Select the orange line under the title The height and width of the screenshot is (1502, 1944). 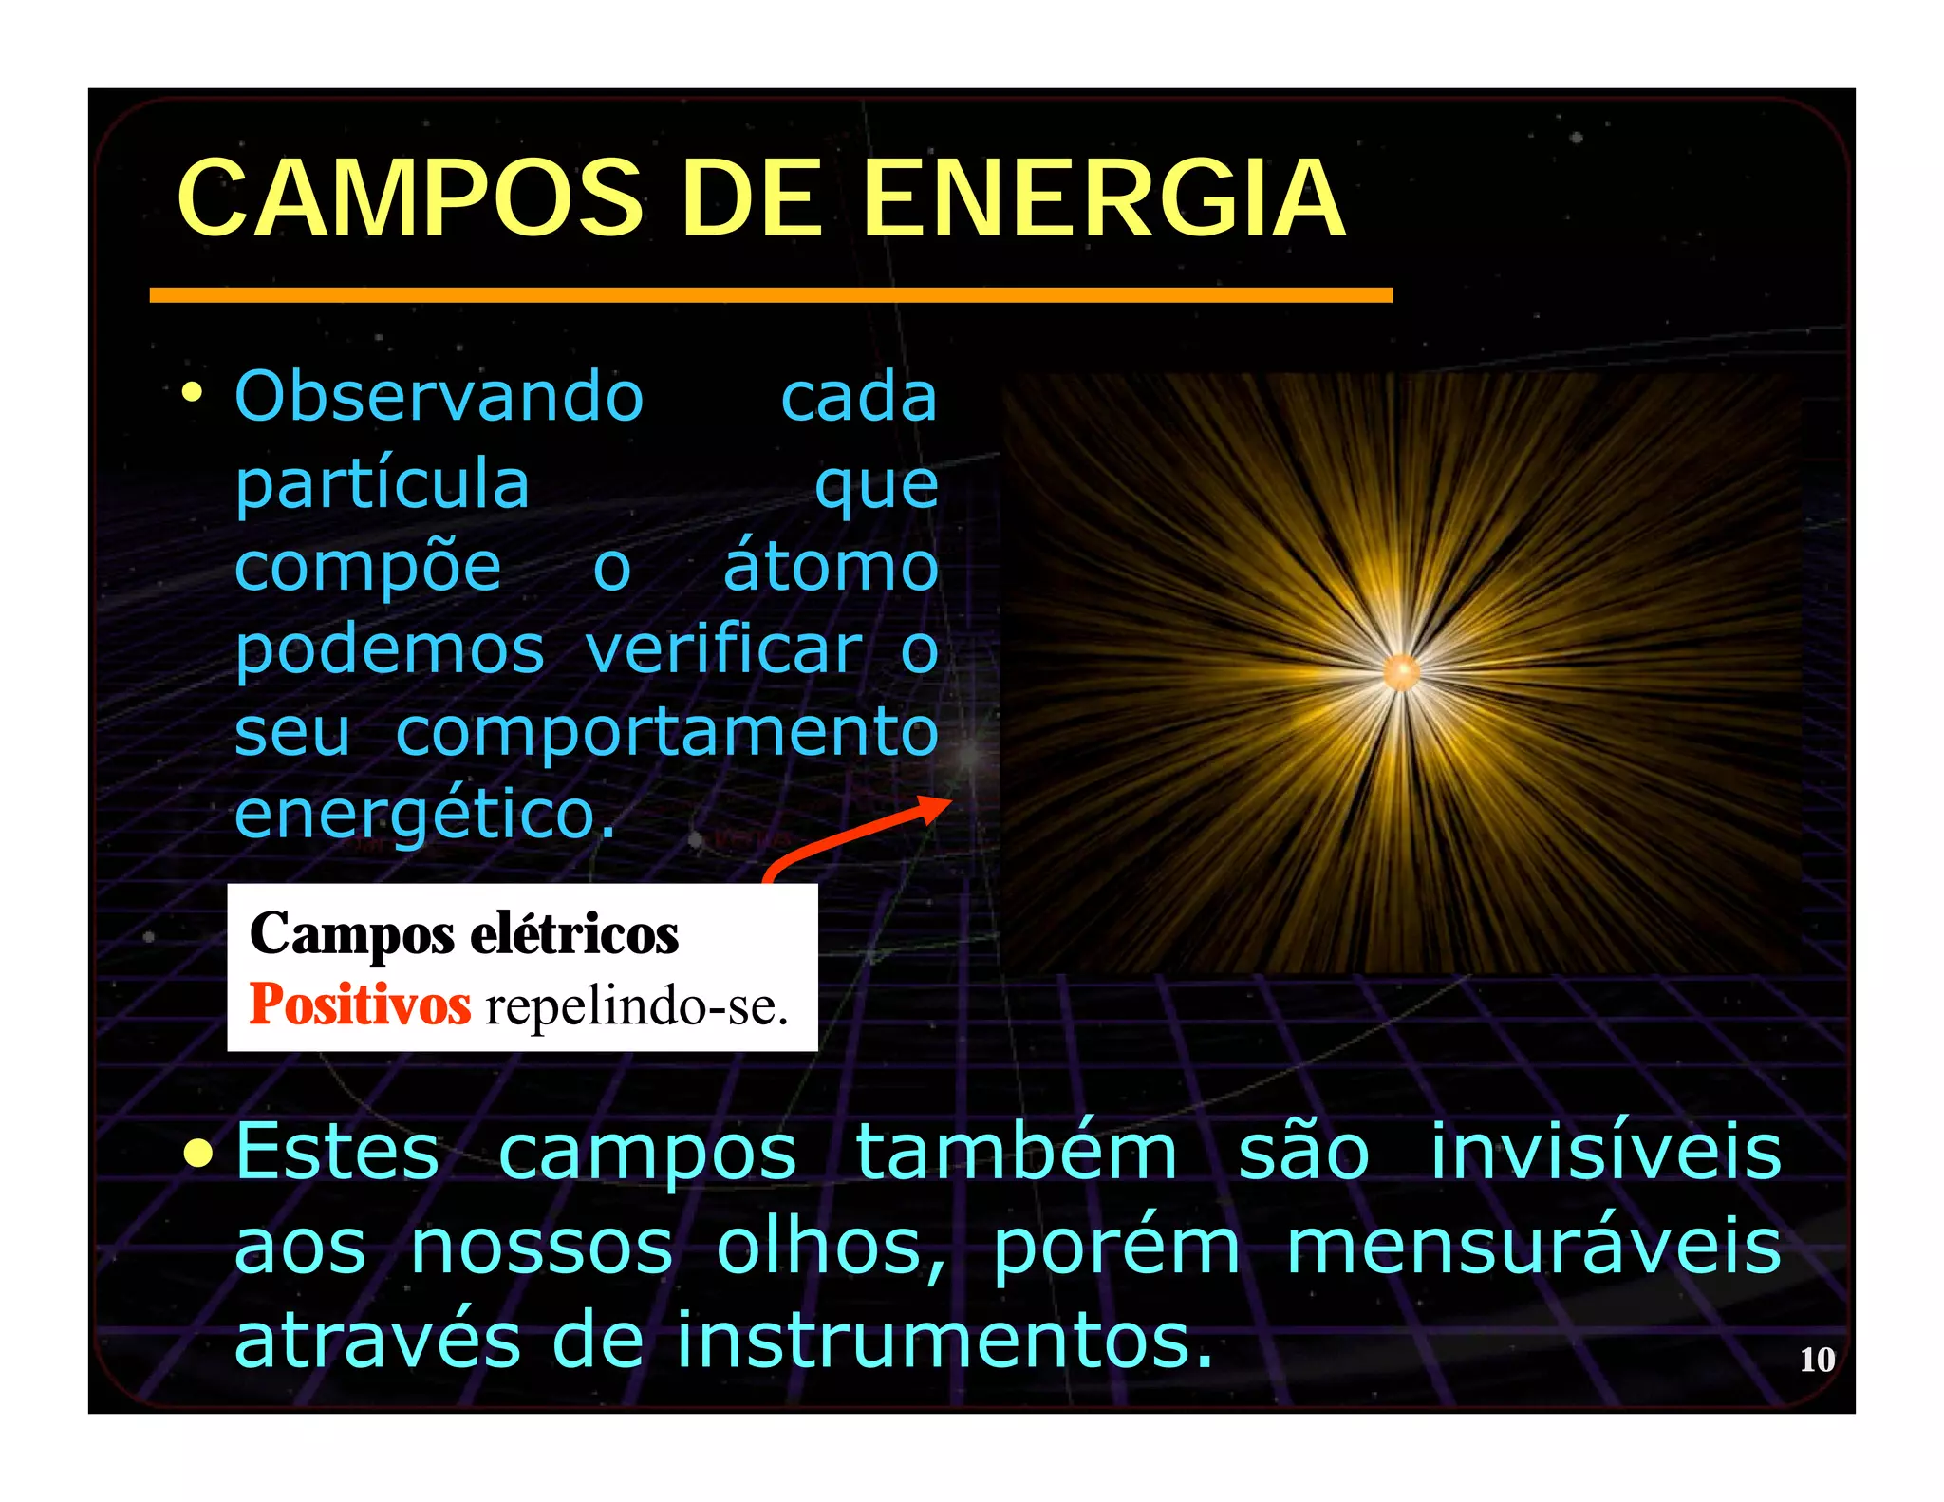[771, 296]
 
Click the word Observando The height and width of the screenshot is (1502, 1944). [439, 396]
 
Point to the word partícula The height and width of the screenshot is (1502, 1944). [382, 482]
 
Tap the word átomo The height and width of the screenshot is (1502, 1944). [832, 566]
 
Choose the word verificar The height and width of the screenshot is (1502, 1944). [724, 650]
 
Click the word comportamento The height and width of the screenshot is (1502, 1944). [667, 733]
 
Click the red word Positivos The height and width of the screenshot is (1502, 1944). [360, 1004]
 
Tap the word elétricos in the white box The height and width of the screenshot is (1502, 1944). [574, 934]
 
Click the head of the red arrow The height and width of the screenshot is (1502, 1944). [935, 808]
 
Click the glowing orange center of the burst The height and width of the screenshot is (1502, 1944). [1402, 672]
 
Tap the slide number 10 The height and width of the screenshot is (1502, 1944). [1817, 1360]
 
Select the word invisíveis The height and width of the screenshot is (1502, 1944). [1606, 1152]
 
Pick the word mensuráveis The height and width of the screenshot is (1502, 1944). [1533, 1246]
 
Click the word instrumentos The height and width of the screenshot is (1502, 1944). [944, 1340]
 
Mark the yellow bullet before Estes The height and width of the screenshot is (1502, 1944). [198, 1153]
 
